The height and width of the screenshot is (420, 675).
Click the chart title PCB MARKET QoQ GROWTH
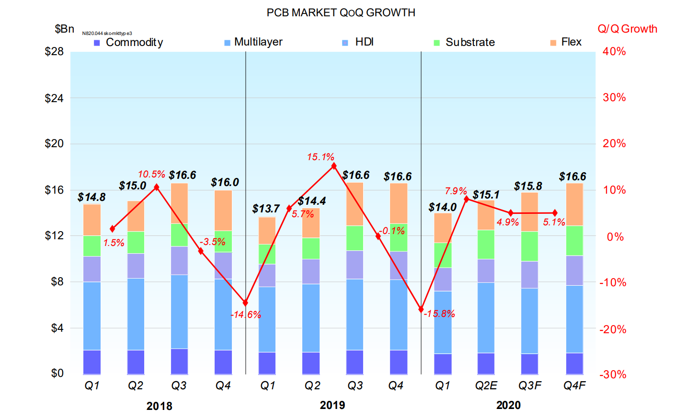(x=341, y=12)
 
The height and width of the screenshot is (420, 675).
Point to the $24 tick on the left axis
(x=54, y=98)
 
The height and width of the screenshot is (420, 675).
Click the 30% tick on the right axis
(x=614, y=97)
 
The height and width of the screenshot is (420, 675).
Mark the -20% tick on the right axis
(x=613, y=329)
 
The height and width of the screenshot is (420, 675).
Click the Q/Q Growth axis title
(x=627, y=29)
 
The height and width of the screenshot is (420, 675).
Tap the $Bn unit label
(x=64, y=29)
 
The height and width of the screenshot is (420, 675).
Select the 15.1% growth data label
(x=320, y=157)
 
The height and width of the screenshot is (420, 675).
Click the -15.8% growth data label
(x=439, y=314)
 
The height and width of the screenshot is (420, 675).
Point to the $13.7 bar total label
(x=266, y=209)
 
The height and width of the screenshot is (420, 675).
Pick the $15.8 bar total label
(x=528, y=186)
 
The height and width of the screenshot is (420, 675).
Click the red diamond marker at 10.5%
(x=156, y=187)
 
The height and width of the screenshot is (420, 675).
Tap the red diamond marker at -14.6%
(x=245, y=303)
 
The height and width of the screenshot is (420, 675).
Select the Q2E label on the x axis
(x=486, y=385)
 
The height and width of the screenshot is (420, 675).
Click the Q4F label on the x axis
(x=574, y=385)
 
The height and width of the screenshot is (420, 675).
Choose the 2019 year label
(x=332, y=405)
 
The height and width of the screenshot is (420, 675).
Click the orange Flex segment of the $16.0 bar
(x=223, y=210)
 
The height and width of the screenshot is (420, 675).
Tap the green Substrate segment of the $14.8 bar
(x=92, y=245)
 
